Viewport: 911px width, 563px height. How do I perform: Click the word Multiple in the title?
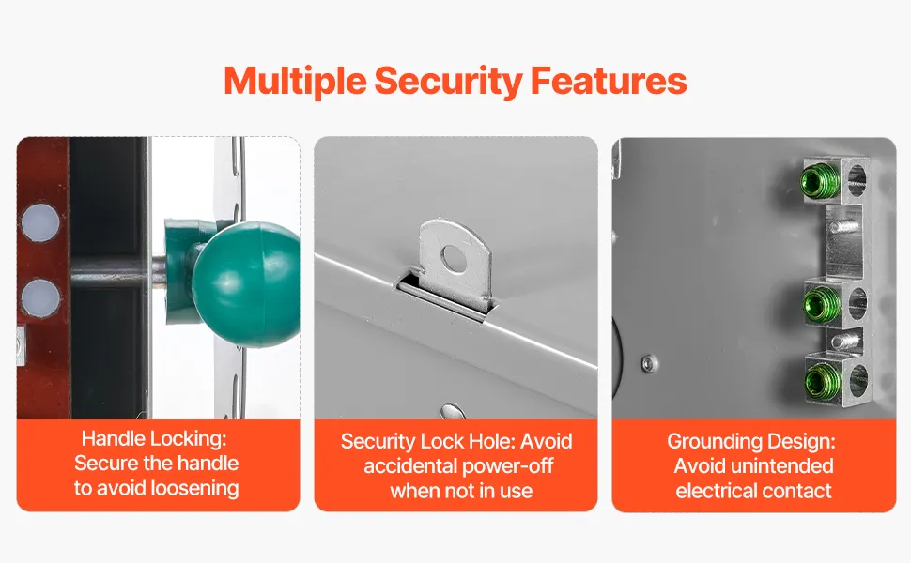tap(295, 82)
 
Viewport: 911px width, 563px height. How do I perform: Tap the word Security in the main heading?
tap(448, 82)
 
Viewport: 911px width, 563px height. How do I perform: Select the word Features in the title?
tap(609, 80)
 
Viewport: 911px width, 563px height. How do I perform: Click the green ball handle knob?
tap(247, 283)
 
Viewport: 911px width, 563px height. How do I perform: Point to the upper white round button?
tap(40, 223)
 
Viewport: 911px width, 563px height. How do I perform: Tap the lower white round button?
tap(40, 297)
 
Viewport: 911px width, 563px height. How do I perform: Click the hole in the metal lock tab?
tap(454, 258)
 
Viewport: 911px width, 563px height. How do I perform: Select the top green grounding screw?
tap(819, 180)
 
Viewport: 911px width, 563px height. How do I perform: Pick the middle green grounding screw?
tap(823, 304)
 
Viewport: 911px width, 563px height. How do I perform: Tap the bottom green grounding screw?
tap(824, 380)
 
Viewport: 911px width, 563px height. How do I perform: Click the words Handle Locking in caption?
tap(154, 439)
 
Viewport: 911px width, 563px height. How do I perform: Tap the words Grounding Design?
tap(751, 442)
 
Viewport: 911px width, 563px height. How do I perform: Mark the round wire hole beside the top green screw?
tap(857, 180)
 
